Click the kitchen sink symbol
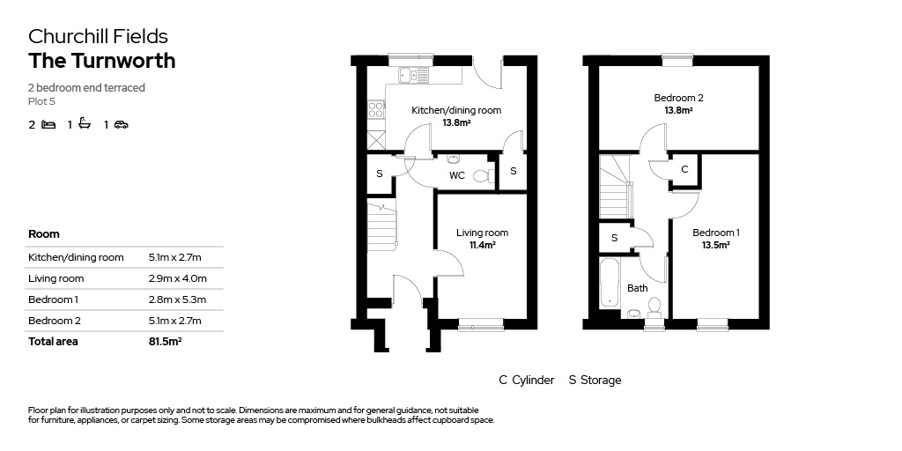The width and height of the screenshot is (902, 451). tap(414, 75)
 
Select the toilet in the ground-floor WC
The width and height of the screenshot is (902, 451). tap(484, 175)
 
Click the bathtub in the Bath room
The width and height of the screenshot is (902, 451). tap(609, 283)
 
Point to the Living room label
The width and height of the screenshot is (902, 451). tap(482, 233)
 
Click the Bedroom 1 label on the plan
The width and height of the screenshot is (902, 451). tap(715, 233)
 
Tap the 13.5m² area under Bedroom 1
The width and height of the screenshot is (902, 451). tap(715, 245)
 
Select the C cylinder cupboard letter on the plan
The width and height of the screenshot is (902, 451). tap(684, 169)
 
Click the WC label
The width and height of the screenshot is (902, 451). tap(457, 175)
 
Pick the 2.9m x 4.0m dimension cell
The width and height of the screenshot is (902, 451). tap(178, 278)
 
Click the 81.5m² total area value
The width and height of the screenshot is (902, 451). tap(165, 341)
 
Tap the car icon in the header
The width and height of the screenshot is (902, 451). tap(122, 124)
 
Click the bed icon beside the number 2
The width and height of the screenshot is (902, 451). tap(49, 124)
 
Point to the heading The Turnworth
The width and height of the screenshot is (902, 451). tap(102, 61)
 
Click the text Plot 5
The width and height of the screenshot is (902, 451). tap(41, 101)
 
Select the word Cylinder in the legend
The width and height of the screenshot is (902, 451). tap(533, 381)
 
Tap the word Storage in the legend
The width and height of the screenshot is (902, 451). tap(601, 381)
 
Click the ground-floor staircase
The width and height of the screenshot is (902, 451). tap(382, 225)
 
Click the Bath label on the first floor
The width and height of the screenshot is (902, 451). tap(638, 288)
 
